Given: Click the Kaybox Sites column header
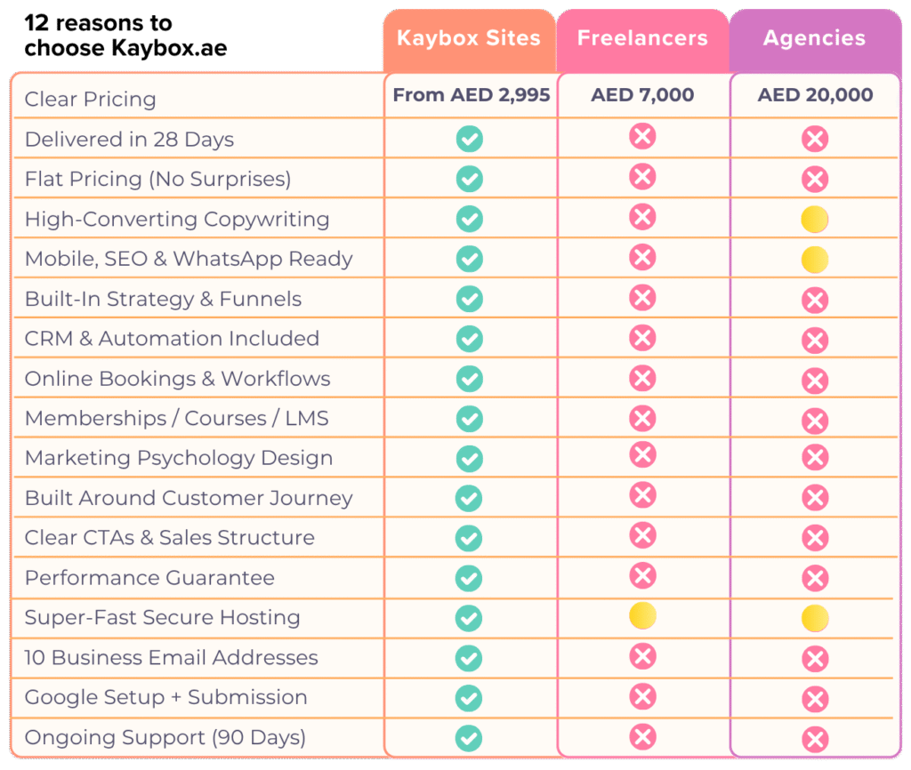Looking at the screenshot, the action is [469, 37].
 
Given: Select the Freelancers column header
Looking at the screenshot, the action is [642, 37].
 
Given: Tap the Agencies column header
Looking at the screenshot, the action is [815, 37].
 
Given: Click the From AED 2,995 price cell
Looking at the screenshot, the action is [472, 94].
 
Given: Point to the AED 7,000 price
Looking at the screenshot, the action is [642, 94].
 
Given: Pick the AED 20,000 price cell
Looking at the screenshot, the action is [815, 94].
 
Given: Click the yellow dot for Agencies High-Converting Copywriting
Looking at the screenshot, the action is [815, 220].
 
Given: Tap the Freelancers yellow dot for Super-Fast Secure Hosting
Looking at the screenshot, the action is [642, 615].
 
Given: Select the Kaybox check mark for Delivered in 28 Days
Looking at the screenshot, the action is [470, 139].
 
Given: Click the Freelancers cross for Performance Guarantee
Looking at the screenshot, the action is [642, 576].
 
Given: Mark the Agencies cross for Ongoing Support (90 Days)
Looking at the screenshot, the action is [815, 739].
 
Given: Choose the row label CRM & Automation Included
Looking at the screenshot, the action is [172, 338].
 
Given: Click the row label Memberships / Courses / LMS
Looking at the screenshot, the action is [177, 418].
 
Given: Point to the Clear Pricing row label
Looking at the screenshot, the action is [90, 100].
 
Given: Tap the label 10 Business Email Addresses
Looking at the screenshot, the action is [172, 657].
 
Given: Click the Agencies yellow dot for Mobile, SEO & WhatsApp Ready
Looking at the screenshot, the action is [815, 260].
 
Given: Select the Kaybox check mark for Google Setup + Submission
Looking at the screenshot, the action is [469, 698].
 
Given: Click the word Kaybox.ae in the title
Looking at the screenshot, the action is [169, 48].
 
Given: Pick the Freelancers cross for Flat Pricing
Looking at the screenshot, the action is [642, 177].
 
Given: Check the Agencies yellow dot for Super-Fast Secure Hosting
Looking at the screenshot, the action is [815, 618].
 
